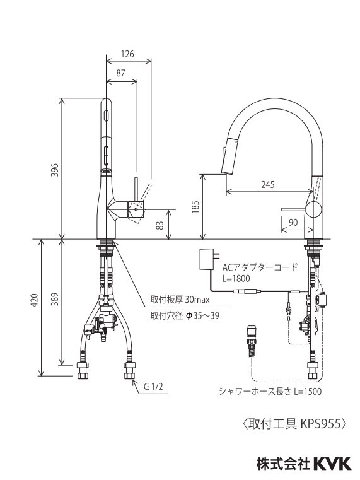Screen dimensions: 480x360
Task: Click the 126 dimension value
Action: tap(127, 54)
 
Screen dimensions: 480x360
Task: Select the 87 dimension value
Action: tap(121, 73)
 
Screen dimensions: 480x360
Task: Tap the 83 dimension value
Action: tap(161, 224)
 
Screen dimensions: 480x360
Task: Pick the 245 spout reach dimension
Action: tap(269, 184)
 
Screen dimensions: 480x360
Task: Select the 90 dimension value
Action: tap(293, 221)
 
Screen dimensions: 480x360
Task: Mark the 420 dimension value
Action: tap(36, 300)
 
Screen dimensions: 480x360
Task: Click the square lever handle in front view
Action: tap(136, 208)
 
